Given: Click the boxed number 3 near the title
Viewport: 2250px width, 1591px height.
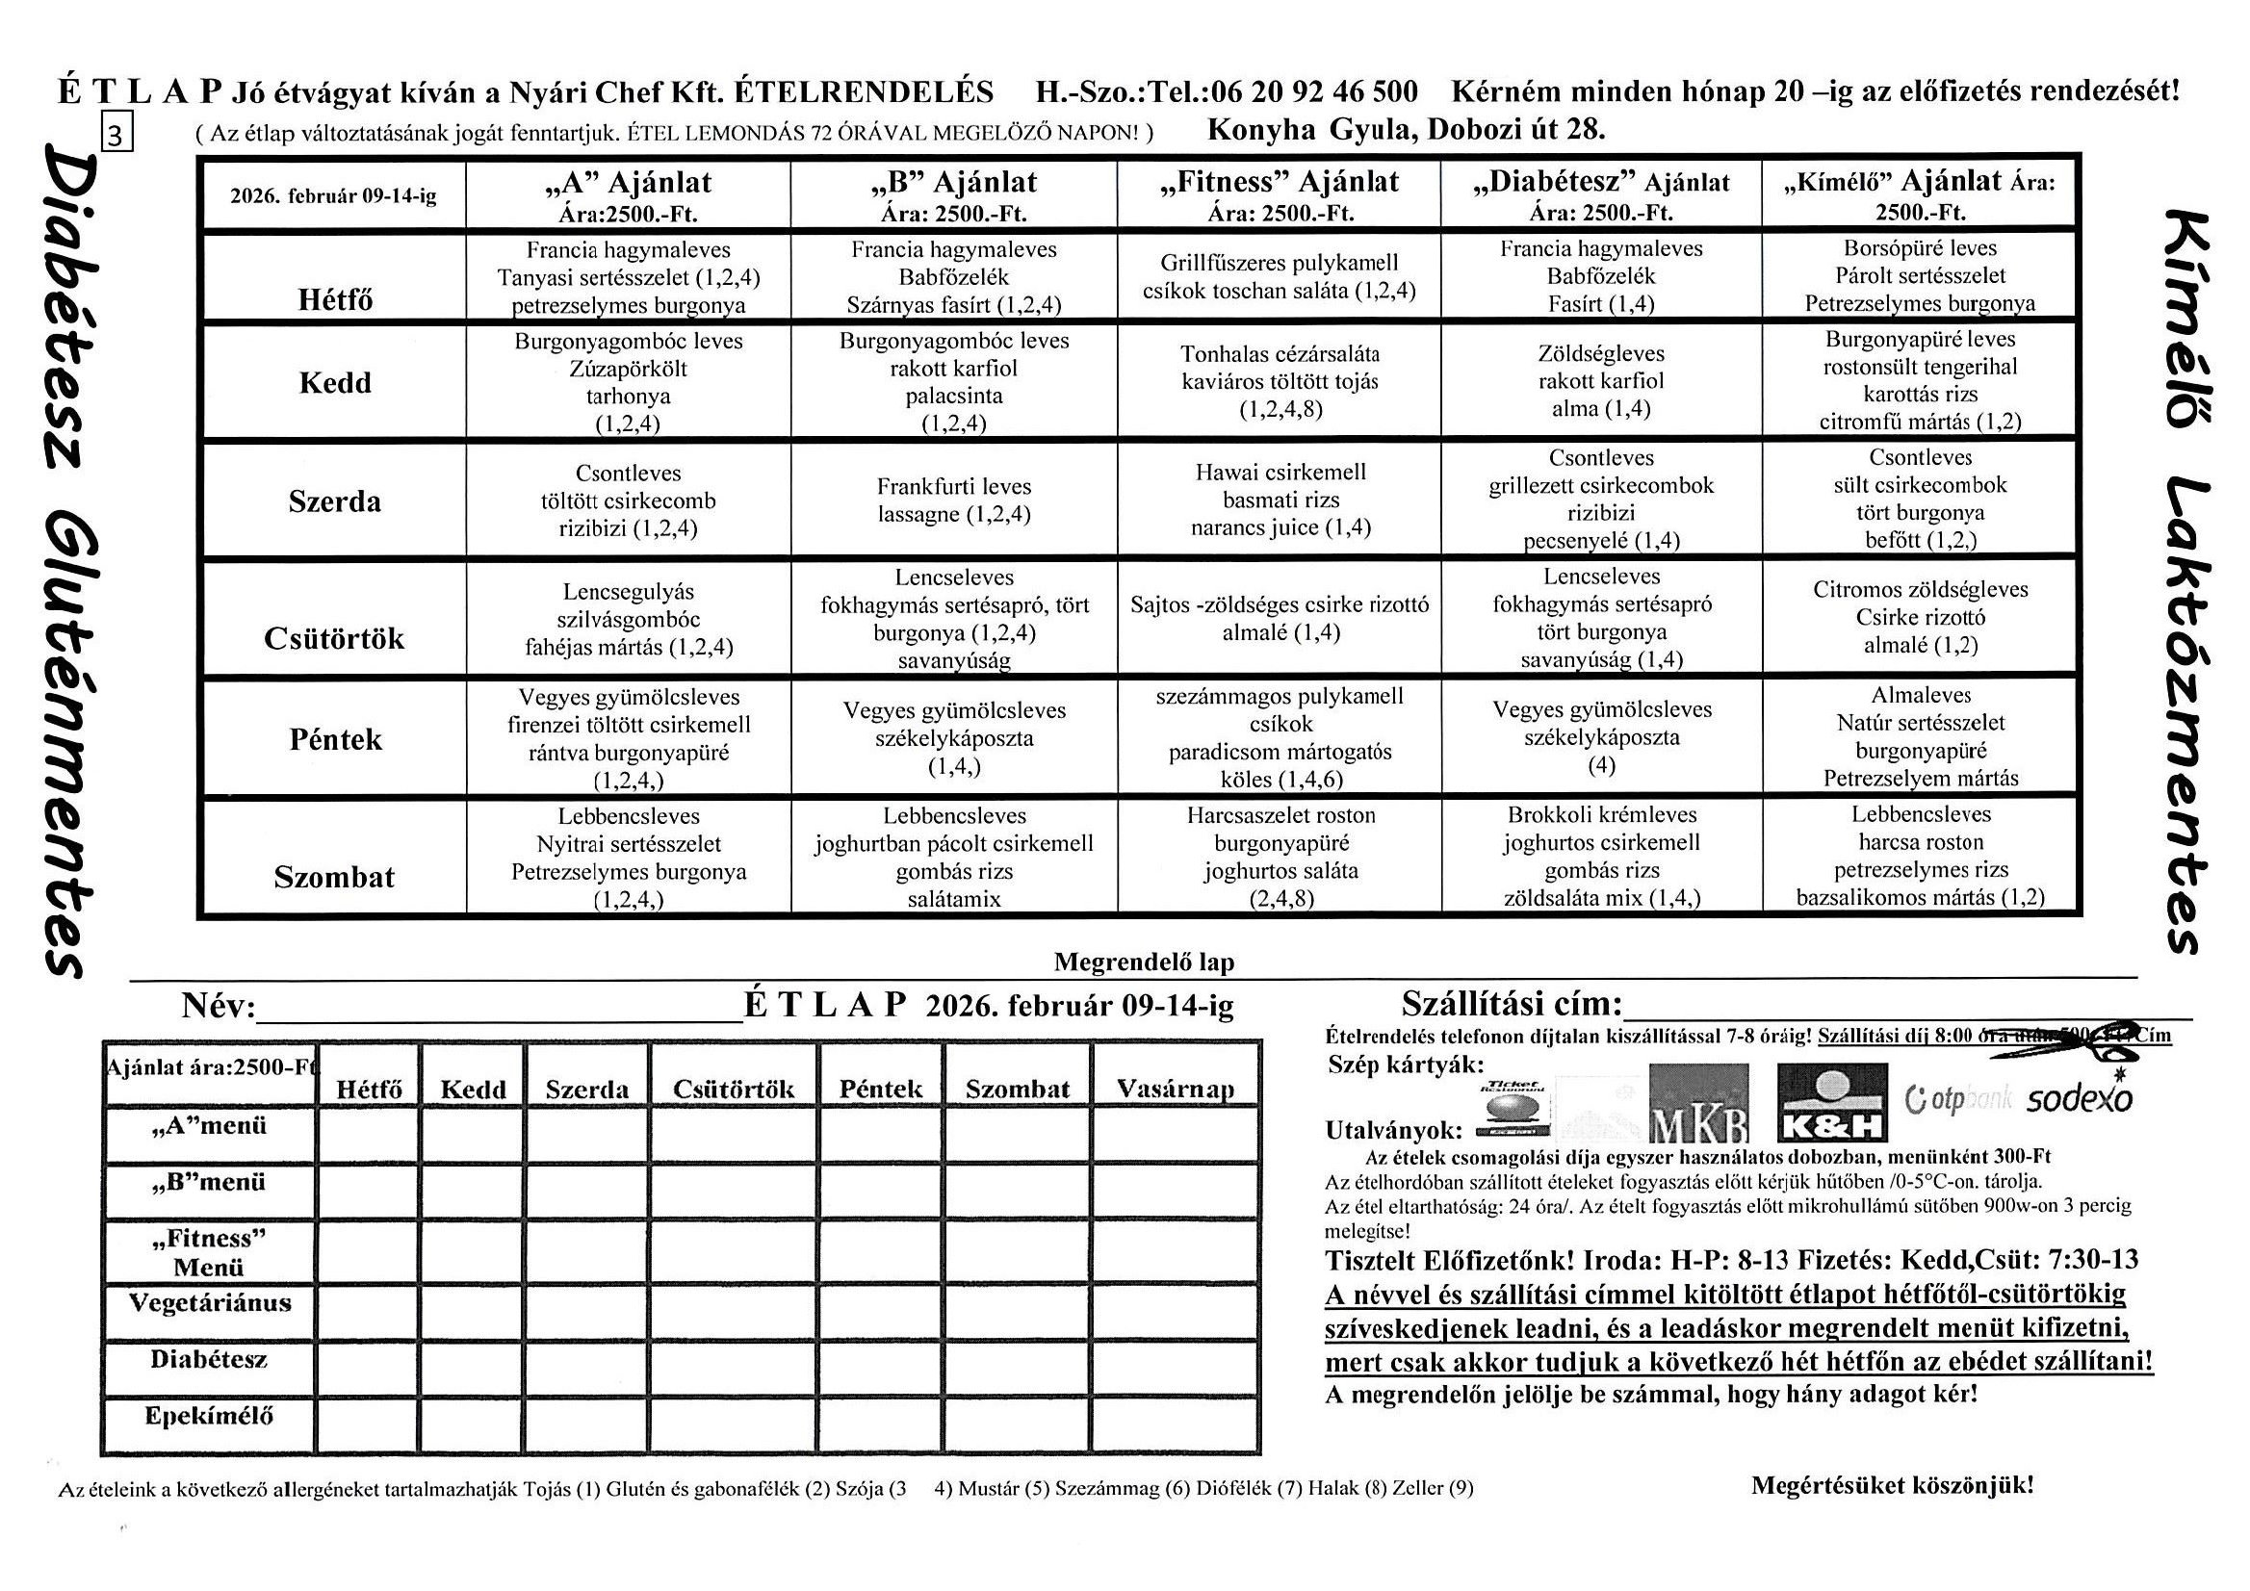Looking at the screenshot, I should (116, 136).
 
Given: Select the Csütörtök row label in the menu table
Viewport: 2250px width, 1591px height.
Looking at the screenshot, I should (334, 639).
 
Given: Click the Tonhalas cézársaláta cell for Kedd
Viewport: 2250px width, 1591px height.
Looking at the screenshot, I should (1280, 381).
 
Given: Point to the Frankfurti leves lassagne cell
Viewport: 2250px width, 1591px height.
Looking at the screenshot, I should (953, 500).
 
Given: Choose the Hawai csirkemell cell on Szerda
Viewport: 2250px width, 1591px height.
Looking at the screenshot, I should (1280, 500).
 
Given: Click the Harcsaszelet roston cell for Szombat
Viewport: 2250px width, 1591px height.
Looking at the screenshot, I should (1280, 857).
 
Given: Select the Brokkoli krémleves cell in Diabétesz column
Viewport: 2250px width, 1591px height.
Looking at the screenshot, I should (1601, 857).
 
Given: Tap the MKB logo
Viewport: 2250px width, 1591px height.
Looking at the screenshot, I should (1698, 1104).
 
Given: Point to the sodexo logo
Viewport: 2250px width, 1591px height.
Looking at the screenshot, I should (2079, 1098).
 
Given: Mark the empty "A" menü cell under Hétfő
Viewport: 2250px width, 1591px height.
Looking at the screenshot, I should (370, 1135).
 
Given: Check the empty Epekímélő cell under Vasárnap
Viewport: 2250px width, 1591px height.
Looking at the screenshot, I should (1175, 1424).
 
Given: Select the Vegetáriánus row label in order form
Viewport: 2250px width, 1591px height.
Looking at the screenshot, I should (210, 1303).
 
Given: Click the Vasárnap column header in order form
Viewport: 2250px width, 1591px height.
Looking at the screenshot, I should (1175, 1089).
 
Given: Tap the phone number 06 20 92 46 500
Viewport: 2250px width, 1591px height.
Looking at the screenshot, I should (1314, 92).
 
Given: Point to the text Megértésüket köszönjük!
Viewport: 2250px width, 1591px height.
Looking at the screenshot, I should (1892, 1485).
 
